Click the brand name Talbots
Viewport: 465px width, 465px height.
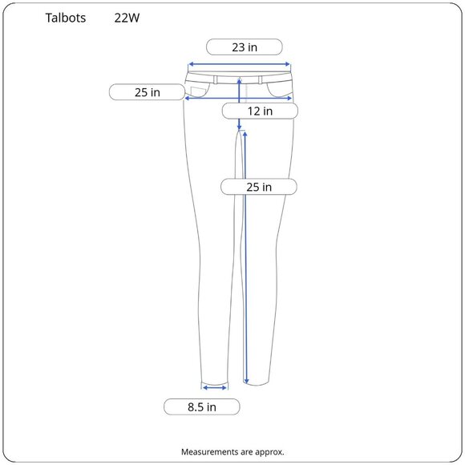pyautogui.click(x=66, y=18)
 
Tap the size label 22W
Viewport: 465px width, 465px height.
pyautogui.click(x=127, y=18)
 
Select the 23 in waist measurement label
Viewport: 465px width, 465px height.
pyautogui.click(x=245, y=47)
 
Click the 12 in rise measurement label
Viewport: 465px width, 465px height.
pyautogui.click(x=260, y=111)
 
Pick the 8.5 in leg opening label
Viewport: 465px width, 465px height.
pyautogui.click(x=202, y=407)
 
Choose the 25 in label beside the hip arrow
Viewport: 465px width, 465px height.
pyautogui.click(x=147, y=92)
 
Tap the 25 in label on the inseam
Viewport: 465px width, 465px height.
pyautogui.click(x=259, y=187)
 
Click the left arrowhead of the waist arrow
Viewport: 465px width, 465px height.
pyautogui.click(x=191, y=64)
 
